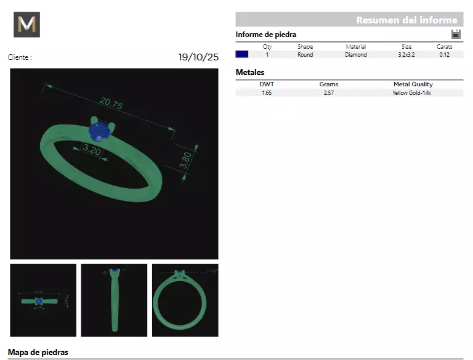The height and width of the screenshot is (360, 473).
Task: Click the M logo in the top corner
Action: (26, 25)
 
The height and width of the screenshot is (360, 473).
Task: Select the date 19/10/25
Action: (198, 57)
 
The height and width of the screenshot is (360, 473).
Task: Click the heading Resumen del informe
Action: (406, 20)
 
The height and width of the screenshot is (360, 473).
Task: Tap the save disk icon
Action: (456, 35)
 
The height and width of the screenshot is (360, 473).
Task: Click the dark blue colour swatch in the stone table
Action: (242, 54)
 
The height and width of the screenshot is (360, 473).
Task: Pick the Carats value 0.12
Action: (444, 55)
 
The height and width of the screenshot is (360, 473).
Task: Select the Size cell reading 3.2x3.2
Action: (406, 55)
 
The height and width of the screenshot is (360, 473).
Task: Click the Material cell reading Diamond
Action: (355, 55)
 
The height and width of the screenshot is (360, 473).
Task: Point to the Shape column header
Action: (305, 47)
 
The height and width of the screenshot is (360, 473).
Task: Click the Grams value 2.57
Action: (328, 93)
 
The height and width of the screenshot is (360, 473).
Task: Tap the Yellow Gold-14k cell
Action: (413, 93)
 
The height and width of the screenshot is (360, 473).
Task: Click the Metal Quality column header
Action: (413, 84)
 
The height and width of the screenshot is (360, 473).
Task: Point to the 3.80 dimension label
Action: (185, 161)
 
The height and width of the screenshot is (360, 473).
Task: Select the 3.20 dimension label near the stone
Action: (91, 150)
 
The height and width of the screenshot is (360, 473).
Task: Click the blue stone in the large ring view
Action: (99, 131)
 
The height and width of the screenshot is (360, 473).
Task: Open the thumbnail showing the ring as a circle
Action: (185, 300)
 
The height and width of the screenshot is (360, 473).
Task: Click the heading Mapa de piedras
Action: (38, 353)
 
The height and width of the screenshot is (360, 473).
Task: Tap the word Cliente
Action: (19, 57)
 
